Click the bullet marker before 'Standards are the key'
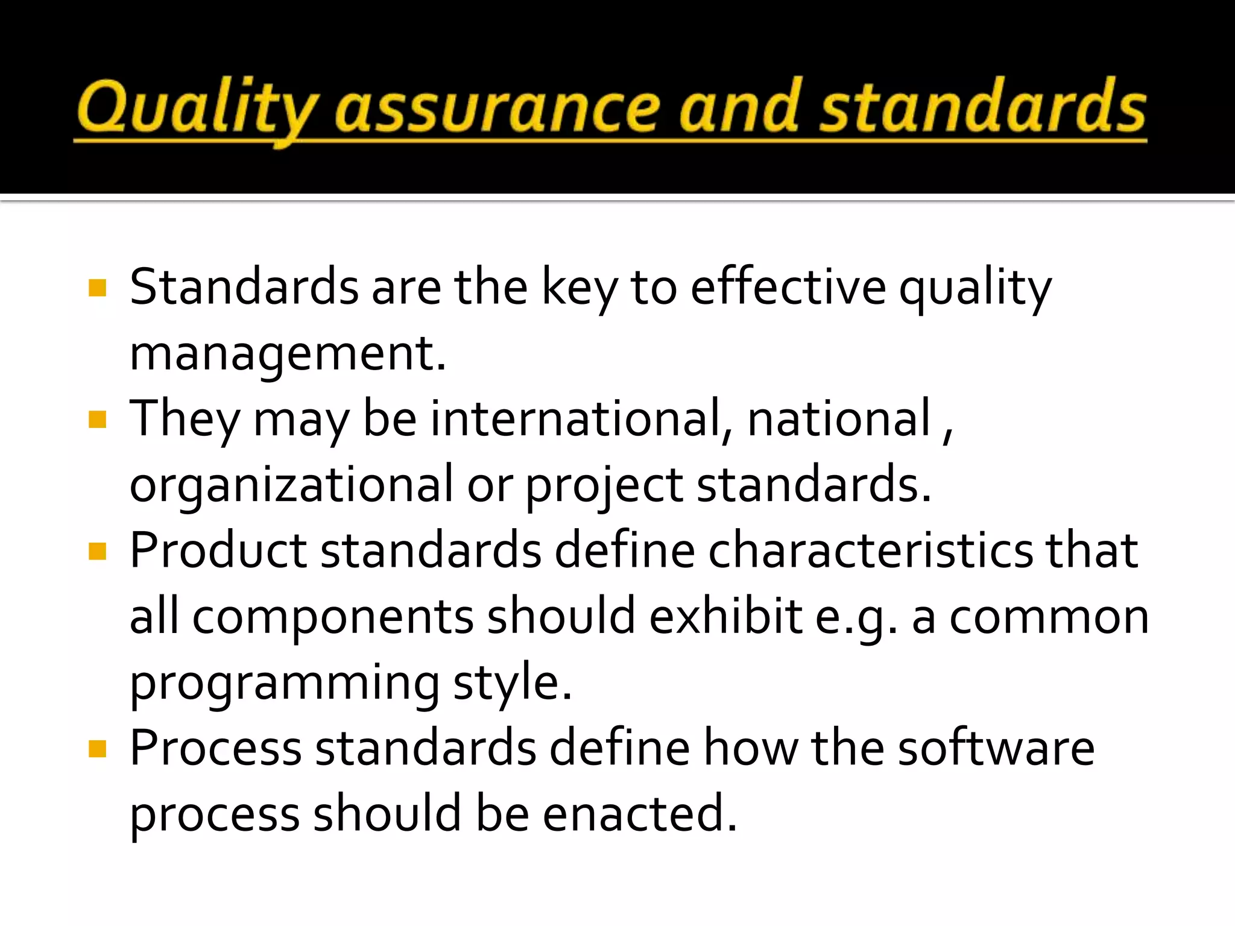point(97,288)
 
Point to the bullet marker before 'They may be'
point(97,419)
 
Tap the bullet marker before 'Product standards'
point(97,551)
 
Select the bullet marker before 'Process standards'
point(97,749)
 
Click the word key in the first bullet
point(579,288)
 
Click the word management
point(287,354)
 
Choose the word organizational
point(291,485)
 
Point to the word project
point(604,485)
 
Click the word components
point(333,617)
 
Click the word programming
point(285,684)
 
